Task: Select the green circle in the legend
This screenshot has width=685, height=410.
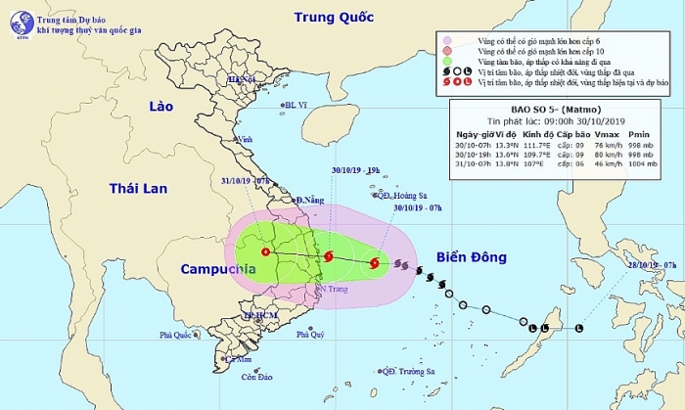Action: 448,61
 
